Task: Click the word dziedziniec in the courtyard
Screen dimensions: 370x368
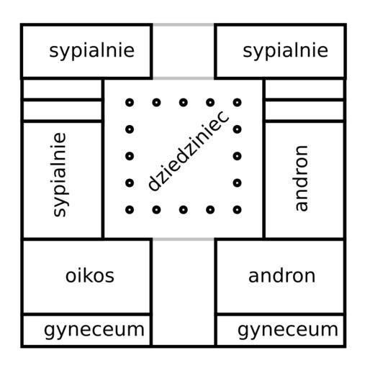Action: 188,150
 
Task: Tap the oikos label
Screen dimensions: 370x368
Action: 90,276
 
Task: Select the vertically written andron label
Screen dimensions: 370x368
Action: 301,178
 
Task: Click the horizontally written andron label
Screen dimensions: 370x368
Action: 281,276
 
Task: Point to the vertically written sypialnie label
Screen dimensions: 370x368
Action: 60,175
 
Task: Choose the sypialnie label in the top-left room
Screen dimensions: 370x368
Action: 91,50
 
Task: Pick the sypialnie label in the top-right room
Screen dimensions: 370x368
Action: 285,50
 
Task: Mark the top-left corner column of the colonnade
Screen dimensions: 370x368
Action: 130,103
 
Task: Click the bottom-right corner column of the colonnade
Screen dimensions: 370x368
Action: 237,210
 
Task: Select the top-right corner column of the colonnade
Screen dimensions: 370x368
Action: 237,103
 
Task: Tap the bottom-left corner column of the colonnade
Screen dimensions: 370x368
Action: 130,210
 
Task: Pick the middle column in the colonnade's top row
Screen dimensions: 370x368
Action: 184,103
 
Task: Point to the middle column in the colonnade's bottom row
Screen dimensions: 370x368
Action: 184,210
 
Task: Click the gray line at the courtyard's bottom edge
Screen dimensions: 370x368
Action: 184,239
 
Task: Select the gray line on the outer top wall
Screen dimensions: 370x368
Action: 184,24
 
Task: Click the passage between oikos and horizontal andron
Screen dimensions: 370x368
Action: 184,293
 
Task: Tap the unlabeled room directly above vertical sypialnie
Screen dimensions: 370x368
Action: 63,111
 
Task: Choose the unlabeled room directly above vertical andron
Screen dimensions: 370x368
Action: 304,111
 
